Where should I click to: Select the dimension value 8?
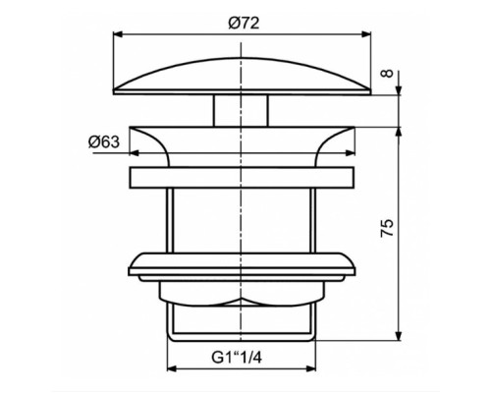click(x=389, y=74)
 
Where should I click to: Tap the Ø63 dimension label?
click(x=106, y=143)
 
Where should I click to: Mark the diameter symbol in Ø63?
click(x=92, y=143)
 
